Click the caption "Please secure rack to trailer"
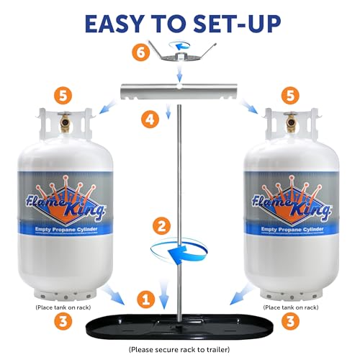180,349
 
